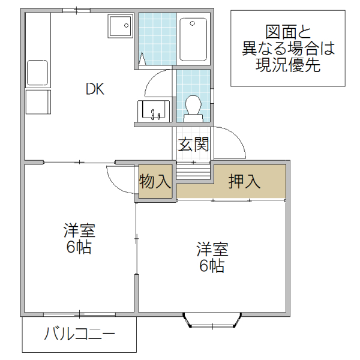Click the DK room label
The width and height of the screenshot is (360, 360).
pyautogui.click(x=95, y=90)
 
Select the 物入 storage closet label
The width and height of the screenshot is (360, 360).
pyautogui.click(x=155, y=181)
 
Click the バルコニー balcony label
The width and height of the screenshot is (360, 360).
pyautogui.click(x=80, y=334)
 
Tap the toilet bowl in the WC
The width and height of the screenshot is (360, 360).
pyautogui.click(x=193, y=106)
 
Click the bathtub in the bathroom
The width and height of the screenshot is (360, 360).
pyautogui.click(x=193, y=40)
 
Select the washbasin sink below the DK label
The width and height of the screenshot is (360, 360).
pyautogui.click(x=154, y=111)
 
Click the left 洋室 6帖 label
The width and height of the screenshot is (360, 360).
pyautogui.click(x=79, y=238)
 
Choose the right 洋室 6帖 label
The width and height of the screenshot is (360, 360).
pyautogui.click(x=212, y=257)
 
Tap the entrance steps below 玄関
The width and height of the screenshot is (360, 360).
pyautogui.click(x=193, y=172)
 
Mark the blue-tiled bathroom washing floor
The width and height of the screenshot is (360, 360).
pyautogui.click(x=155, y=40)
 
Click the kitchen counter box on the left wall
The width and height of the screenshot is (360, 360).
pyautogui.click(x=37, y=73)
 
